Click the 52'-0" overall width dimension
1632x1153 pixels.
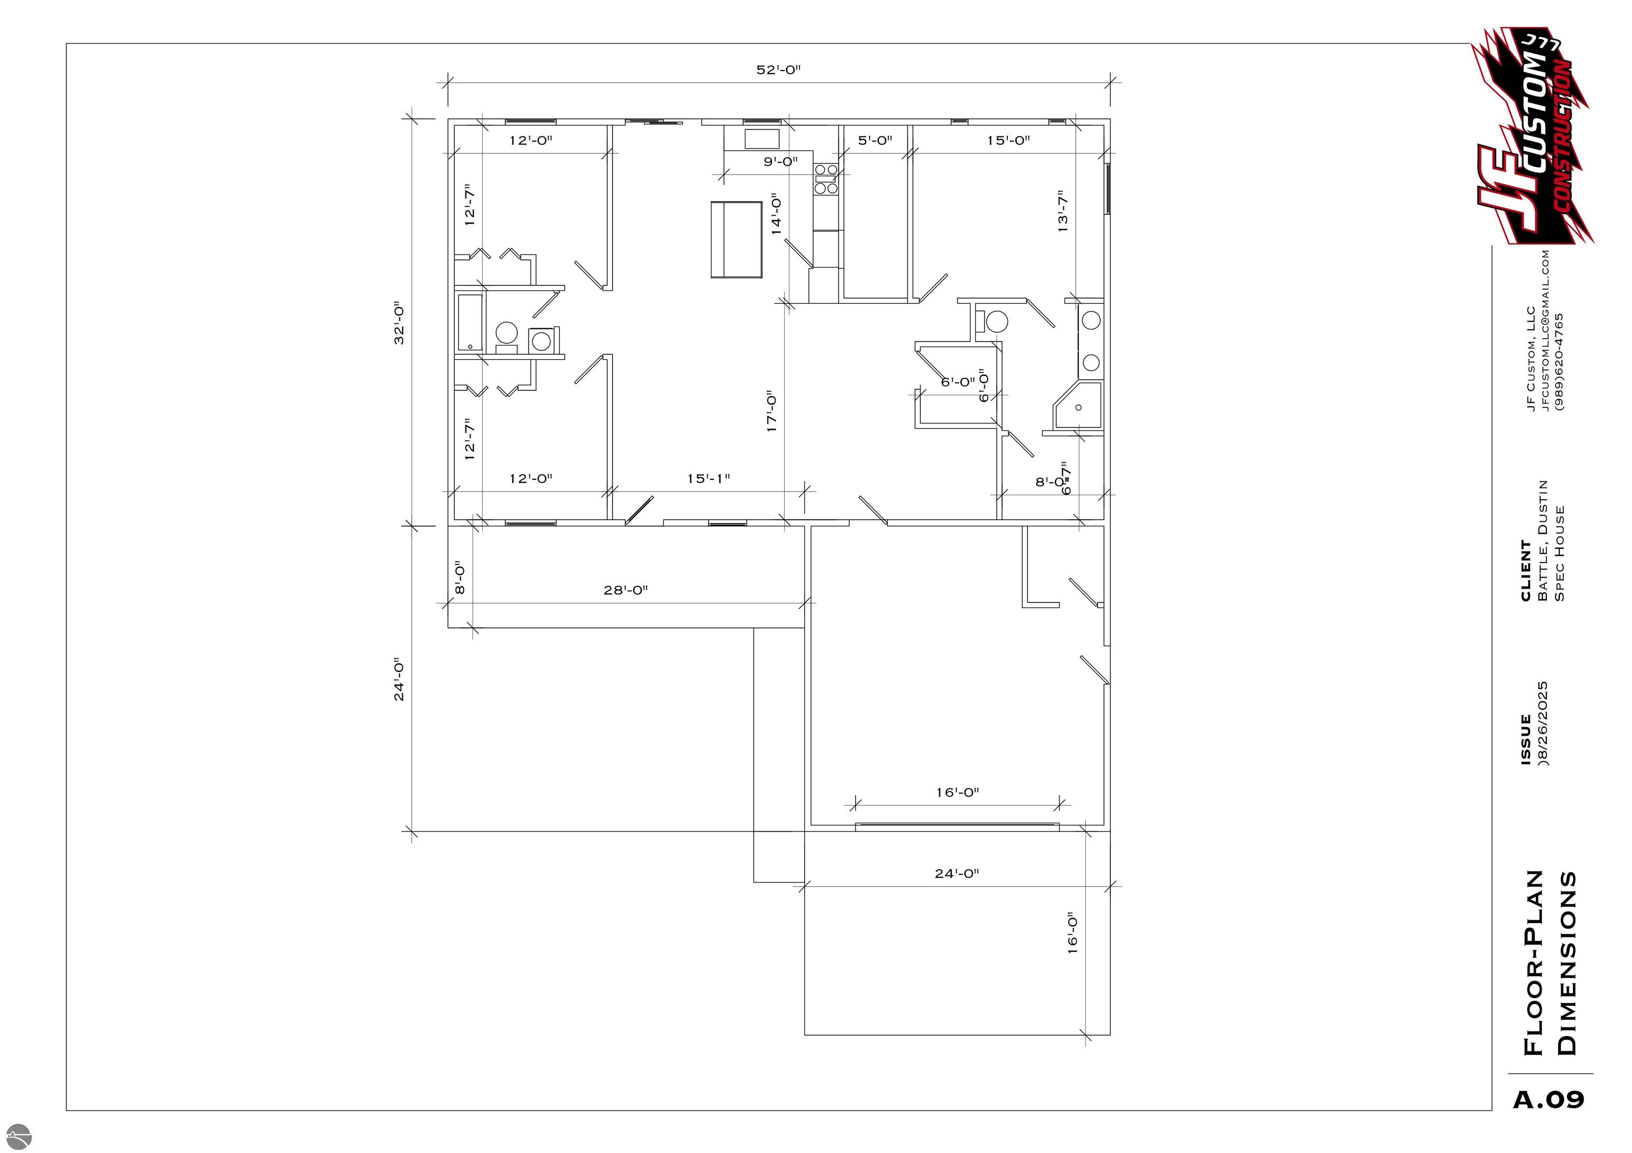778,70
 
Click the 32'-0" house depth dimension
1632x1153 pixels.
399,324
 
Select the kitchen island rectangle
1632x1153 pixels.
736,239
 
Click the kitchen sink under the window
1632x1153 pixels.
762,138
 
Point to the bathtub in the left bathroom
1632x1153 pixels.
469,323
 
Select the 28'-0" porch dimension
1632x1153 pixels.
625,590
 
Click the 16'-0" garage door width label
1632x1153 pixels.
957,792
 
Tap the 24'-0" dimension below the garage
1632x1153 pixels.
957,874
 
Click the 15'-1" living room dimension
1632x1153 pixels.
708,479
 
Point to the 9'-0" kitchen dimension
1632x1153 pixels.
780,162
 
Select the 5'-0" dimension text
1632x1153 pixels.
874,141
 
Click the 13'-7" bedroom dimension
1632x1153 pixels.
1062,211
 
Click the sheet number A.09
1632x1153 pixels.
1548,1100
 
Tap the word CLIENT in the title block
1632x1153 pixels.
1525,571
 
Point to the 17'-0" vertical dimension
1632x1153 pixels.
772,411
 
